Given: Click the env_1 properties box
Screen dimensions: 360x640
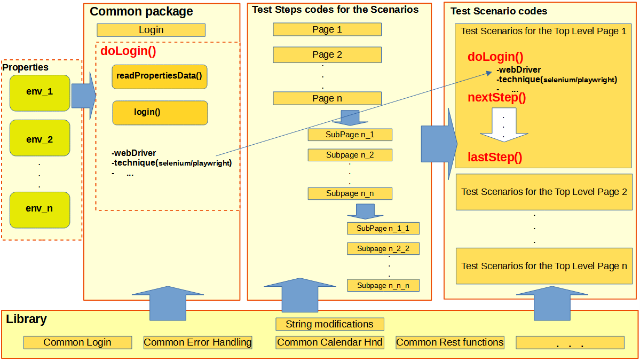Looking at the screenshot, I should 39,92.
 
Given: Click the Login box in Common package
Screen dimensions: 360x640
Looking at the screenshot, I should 151,30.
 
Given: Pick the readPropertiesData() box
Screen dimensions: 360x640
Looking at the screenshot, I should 160,77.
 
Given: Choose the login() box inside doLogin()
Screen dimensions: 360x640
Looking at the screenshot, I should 160,113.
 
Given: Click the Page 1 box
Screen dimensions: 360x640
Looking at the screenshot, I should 327,29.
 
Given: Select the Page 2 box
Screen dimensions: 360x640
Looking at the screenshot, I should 327,54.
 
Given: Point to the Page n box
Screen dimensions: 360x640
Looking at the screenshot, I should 327,98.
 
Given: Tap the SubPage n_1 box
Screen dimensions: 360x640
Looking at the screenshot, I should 350,135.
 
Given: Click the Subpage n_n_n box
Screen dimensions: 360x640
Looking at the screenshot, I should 383,285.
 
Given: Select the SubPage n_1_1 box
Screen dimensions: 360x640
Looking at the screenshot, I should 383,229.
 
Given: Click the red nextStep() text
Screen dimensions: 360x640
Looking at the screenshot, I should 497,98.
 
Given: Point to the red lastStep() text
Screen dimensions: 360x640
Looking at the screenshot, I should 495,157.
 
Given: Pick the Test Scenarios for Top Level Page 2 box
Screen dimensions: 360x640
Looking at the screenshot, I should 544,192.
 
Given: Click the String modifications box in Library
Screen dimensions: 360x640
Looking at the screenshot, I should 329,324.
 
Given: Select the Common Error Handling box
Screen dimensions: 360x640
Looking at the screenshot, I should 197,342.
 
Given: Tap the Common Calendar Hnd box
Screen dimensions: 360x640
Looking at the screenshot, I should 330,342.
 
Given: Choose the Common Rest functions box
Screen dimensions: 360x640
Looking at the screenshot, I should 449,342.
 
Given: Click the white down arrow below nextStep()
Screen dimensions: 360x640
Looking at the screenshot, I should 503,126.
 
